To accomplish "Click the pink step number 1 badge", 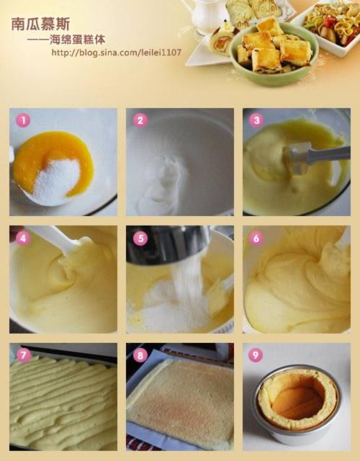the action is pos(23,120).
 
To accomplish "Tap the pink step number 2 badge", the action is pos(140,120).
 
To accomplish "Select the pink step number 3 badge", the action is pos(256,120).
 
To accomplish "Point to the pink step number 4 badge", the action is pos(23,238).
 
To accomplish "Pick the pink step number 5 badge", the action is pos(140,238).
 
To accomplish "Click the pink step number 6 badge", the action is pos(256,238).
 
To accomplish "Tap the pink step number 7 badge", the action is pos(23,355).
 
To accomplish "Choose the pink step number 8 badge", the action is pos(140,355).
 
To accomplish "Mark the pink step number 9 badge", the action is pos(256,355).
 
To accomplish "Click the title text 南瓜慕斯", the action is pos(40,24).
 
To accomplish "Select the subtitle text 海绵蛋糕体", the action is pos(77,40).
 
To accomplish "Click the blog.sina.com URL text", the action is pos(117,53).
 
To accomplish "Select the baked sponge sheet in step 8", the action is pos(180,398).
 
